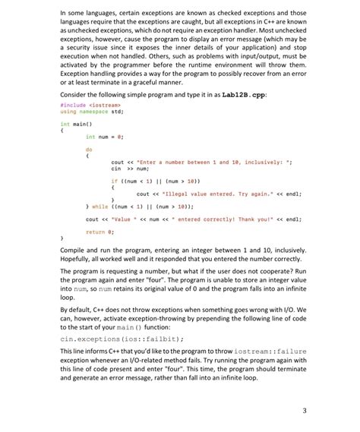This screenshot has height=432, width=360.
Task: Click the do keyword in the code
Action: tap(89, 149)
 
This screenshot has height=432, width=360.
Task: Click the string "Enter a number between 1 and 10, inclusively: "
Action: tap(221, 162)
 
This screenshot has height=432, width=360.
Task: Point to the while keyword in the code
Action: tap(99, 207)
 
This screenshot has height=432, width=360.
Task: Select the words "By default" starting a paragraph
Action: tap(79, 308)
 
